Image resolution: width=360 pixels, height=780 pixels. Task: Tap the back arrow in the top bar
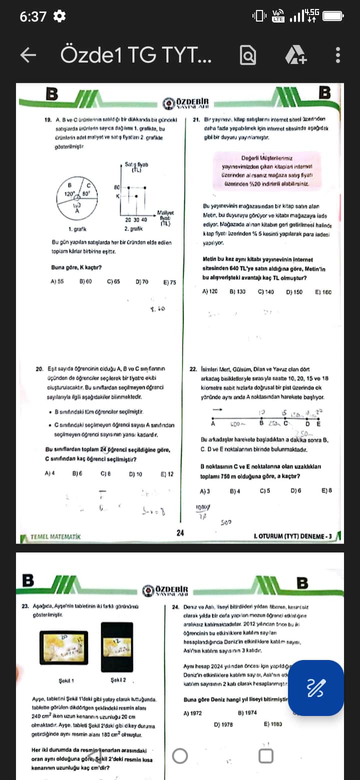click(28, 55)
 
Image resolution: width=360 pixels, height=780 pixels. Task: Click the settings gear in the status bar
click(59, 16)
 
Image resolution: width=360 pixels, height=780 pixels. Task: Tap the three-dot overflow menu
click(338, 55)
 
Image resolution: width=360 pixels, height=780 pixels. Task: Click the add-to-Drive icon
click(295, 55)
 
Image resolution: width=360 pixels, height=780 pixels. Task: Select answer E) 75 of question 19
click(169, 282)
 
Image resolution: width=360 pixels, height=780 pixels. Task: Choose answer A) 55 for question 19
click(57, 281)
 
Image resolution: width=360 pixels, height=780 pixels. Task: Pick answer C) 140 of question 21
click(265, 291)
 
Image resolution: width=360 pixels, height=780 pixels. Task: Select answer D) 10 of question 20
click(135, 474)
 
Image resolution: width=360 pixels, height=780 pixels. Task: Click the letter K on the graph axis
click(118, 196)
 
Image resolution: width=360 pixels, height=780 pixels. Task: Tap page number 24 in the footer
click(180, 533)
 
